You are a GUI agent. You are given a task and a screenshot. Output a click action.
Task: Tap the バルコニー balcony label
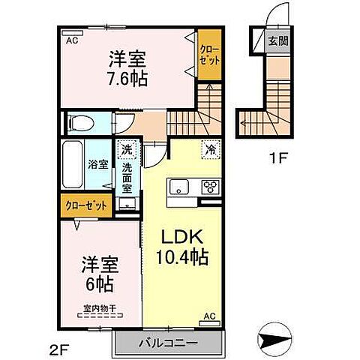(169, 344)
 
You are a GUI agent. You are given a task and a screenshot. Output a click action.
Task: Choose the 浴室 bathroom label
(95, 163)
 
